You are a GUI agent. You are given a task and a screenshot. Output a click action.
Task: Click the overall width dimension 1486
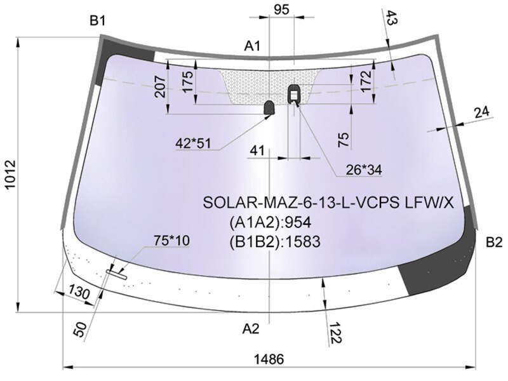tap(269, 359)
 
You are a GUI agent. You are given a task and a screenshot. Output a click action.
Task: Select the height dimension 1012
tap(11, 175)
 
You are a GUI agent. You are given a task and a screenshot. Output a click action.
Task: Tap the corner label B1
tap(98, 21)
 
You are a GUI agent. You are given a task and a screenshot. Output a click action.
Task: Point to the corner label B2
tap(494, 243)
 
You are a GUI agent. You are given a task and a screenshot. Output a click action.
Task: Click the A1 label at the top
tap(252, 46)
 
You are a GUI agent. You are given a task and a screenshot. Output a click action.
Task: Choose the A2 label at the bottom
tap(251, 329)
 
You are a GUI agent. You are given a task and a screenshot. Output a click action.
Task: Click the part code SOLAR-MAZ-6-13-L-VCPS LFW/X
tap(328, 203)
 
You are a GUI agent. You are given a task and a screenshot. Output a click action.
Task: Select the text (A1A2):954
tap(271, 222)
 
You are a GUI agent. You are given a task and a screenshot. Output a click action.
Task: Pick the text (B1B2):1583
tap(275, 242)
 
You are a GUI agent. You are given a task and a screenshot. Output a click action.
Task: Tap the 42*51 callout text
tap(193, 143)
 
